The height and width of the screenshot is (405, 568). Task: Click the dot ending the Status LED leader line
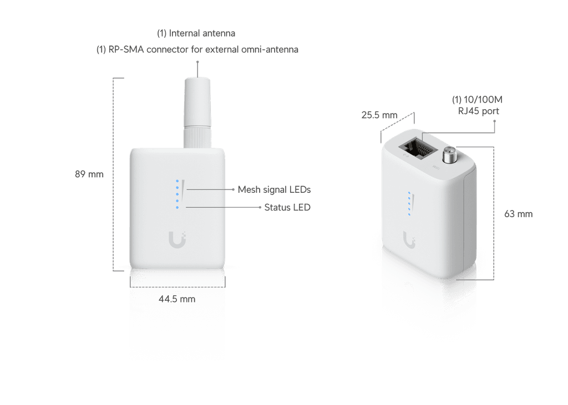(260, 207)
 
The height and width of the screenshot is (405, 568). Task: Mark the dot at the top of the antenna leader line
(197, 62)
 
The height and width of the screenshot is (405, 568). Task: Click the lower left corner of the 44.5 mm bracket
(130, 287)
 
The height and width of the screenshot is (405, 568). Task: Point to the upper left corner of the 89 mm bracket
(113, 78)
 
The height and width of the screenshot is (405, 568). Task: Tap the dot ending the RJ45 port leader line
(494, 121)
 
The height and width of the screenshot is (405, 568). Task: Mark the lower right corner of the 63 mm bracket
(494, 279)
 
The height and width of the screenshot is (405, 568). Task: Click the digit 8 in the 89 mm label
(78, 175)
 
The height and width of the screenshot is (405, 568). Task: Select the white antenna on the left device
(197, 112)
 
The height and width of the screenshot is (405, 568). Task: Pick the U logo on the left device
(177, 239)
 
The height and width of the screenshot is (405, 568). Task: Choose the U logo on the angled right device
(409, 240)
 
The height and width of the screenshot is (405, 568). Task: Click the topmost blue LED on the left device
(177, 181)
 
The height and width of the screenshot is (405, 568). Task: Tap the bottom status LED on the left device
(177, 207)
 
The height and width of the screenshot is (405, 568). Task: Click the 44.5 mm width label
(177, 299)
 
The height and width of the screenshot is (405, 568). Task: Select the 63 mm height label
(519, 214)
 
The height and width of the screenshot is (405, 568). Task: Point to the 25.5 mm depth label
(379, 115)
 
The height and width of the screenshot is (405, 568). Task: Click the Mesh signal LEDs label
(274, 189)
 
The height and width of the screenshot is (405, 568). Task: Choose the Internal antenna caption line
(196, 33)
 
